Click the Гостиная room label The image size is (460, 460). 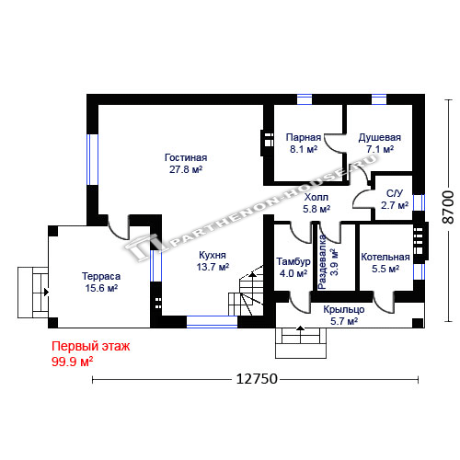(186, 157)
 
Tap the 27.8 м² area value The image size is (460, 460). (186, 169)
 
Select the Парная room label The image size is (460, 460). (304, 137)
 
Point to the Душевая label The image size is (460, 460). (380, 138)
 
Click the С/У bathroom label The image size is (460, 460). (395, 193)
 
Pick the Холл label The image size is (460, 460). (316, 197)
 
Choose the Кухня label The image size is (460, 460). (213, 255)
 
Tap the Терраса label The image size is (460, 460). (101, 276)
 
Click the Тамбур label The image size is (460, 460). (293, 261)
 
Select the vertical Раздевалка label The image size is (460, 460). (322, 262)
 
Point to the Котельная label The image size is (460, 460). (385, 257)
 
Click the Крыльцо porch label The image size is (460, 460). (344, 309)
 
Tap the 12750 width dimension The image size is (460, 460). (257, 379)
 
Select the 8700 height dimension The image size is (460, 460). (448, 207)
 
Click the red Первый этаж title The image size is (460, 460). (91, 347)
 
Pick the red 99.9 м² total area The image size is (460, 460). (73, 362)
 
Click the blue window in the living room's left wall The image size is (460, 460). (92, 160)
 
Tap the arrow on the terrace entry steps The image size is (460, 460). (46, 292)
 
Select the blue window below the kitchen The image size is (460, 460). (212, 322)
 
